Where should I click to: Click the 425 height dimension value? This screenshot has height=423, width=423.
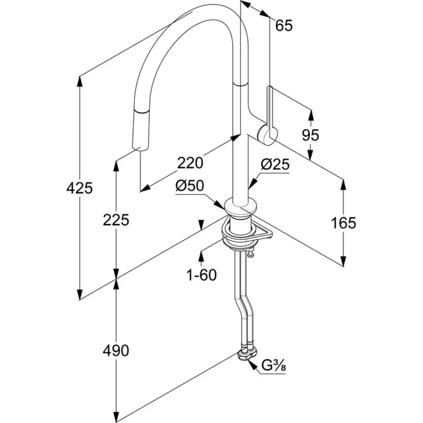pyautogui.click(x=79, y=188)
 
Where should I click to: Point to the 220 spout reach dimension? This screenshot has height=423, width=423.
pyautogui.click(x=190, y=163)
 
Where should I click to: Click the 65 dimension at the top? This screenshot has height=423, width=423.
pyautogui.click(x=284, y=26)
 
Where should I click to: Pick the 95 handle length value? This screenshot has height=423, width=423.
pyautogui.click(x=311, y=135)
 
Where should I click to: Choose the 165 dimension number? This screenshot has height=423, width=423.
pyautogui.click(x=344, y=222)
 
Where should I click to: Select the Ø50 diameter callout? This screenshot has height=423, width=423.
pyautogui.click(x=190, y=186)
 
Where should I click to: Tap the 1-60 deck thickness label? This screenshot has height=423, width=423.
pyautogui.click(x=201, y=275)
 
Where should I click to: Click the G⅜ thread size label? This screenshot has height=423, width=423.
pyautogui.click(x=273, y=368)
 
